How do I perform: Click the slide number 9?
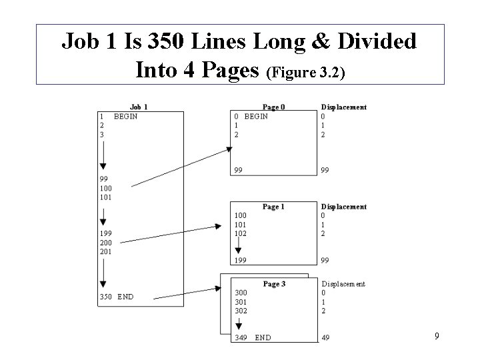[437, 336]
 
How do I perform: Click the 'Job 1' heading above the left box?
[139, 107]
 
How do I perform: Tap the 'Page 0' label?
[273, 107]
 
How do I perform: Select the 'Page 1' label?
[273, 207]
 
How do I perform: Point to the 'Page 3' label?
[274, 284]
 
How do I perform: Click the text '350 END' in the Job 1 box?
[116, 297]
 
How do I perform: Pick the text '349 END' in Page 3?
[253, 337]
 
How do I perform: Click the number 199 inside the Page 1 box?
[240, 259]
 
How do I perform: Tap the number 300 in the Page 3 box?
[240, 293]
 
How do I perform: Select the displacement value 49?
[325, 337]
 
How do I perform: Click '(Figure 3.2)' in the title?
[305, 72]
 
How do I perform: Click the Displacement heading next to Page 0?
[343, 107]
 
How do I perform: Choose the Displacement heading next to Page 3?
[343, 284]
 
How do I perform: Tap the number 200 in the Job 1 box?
[105, 243]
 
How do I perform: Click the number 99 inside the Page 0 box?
[238, 170]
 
